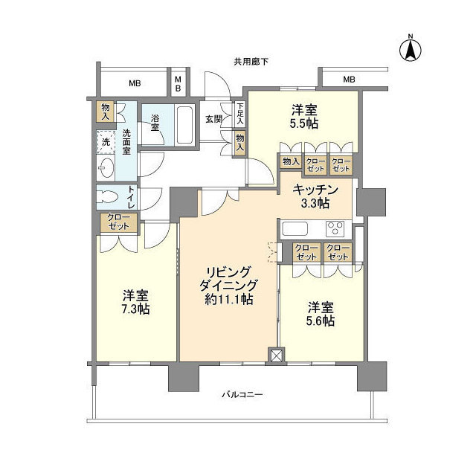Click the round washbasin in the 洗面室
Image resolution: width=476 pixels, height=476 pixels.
coord(106,167)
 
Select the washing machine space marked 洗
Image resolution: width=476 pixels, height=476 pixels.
coord(106,141)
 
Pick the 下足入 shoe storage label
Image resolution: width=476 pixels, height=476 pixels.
coord(239,113)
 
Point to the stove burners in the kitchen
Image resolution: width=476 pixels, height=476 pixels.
coord(336,228)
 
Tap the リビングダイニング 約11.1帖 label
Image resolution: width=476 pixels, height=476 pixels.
coord(228,286)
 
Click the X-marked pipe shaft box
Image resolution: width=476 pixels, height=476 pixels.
coord(277,357)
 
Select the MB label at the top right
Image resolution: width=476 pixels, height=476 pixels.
coord(348,80)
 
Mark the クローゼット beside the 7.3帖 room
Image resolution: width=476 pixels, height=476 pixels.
coord(119,222)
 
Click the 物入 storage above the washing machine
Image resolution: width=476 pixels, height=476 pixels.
coord(106,112)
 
